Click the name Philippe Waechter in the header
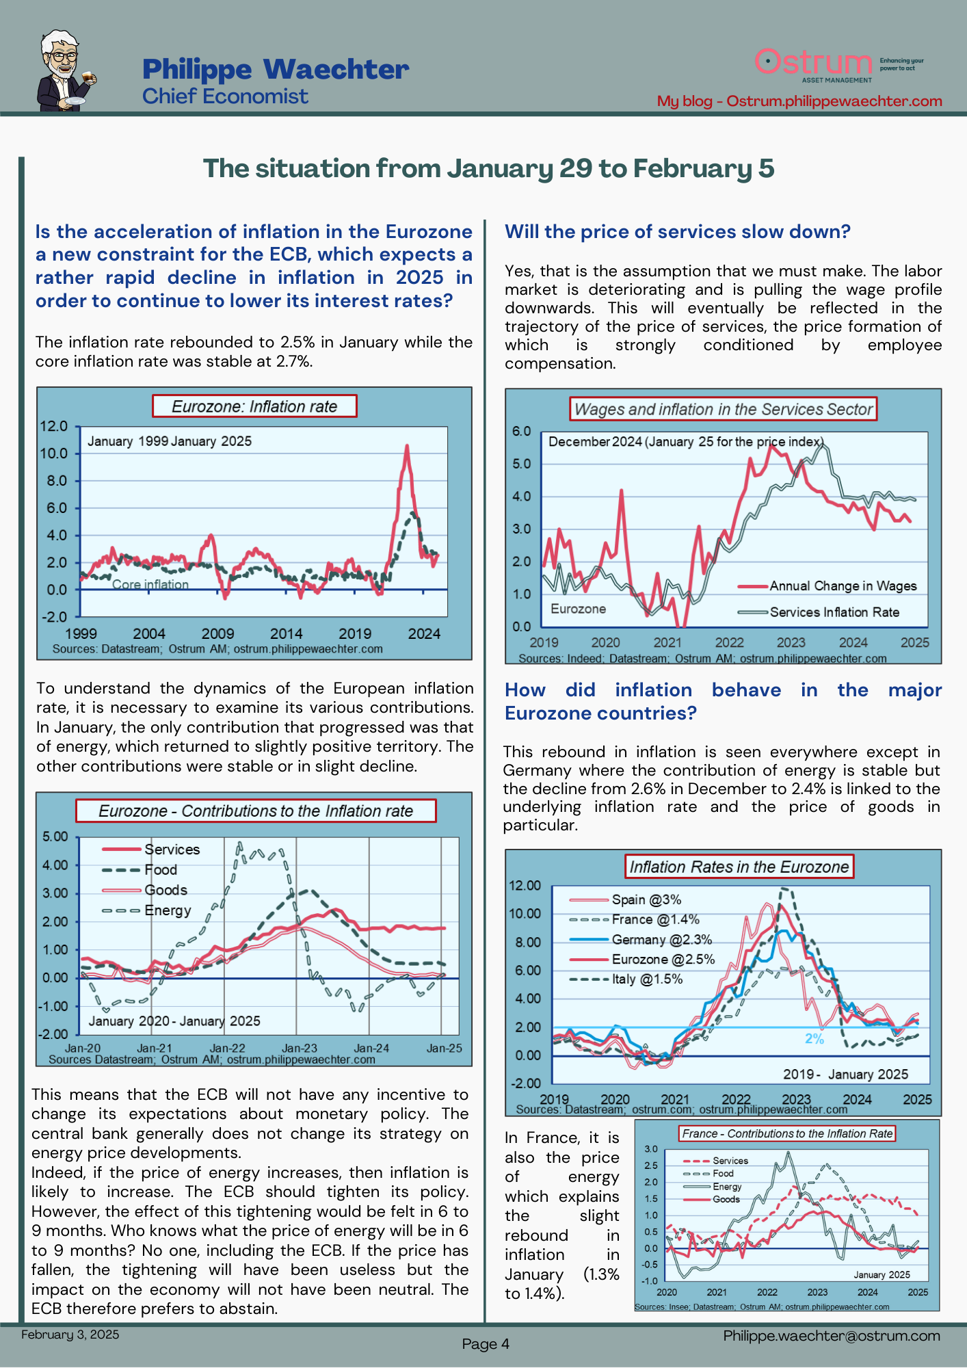click(x=276, y=69)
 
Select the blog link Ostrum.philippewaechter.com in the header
click(x=834, y=101)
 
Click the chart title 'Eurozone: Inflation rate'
click(x=254, y=406)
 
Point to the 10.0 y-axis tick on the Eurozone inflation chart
click(x=54, y=453)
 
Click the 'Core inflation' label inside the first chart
click(x=150, y=585)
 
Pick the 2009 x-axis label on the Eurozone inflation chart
click(x=217, y=634)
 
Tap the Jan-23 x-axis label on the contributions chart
click(x=300, y=1048)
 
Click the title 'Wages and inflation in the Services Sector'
click(x=723, y=409)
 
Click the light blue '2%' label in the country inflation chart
click(x=814, y=1039)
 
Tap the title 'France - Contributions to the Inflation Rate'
click(x=787, y=1133)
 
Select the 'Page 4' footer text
click(x=486, y=1344)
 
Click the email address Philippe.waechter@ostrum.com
click(x=832, y=1336)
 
